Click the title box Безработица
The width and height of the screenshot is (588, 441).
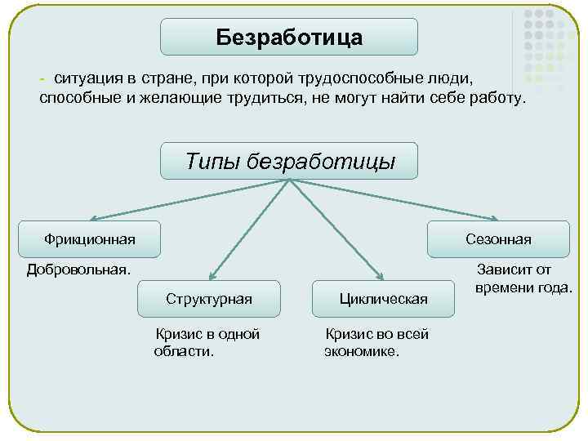[x=288, y=38]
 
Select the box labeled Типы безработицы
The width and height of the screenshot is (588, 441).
[x=289, y=161]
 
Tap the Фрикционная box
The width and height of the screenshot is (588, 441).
[x=90, y=238]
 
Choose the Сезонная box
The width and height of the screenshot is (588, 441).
[x=498, y=238]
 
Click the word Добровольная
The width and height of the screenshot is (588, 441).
[x=78, y=269]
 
